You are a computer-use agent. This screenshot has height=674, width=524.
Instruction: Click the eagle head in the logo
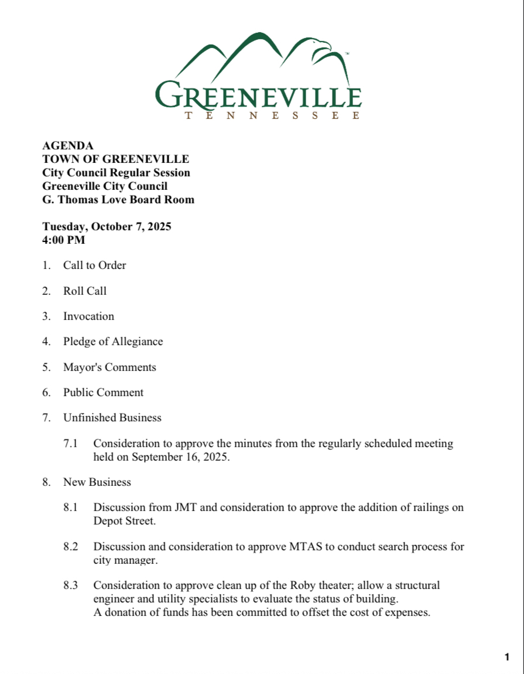point(321,45)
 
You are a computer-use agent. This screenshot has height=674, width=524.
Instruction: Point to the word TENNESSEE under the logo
point(272,116)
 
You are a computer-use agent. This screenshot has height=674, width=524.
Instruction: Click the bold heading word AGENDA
point(68,146)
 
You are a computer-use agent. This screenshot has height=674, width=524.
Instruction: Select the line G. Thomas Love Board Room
point(118,200)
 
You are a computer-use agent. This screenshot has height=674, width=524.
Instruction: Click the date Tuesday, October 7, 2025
point(107,227)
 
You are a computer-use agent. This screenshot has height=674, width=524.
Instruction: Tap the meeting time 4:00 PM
point(64,240)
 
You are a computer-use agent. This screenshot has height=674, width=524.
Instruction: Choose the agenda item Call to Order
point(95,265)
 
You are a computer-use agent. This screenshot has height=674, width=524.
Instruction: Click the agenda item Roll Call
point(85,291)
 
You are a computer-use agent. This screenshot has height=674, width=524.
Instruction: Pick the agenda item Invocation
point(89,316)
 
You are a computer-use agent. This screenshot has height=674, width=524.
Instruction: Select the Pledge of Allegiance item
point(113,342)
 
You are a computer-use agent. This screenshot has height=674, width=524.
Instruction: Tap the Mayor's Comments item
point(109,367)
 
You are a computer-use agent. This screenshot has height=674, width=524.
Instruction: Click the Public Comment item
point(104,393)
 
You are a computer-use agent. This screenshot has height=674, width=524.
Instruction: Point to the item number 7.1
point(71,444)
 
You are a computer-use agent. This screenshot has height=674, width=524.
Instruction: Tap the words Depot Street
point(124,521)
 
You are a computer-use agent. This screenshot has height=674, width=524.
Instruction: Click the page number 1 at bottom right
point(506,657)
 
